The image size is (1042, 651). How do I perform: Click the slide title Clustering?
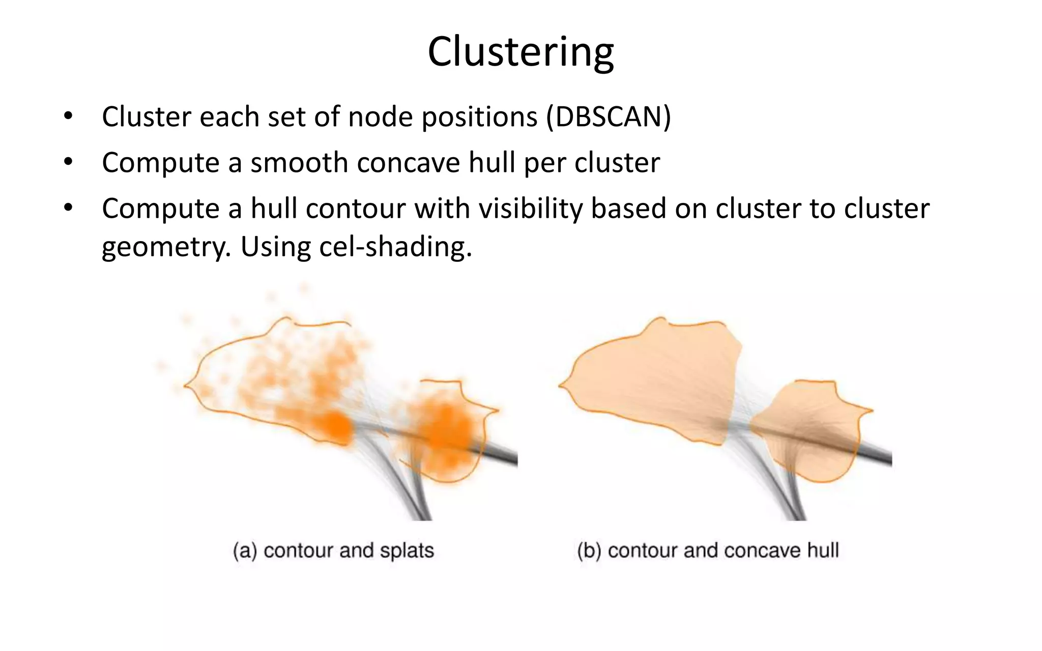pyautogui.click(x=520, y=52)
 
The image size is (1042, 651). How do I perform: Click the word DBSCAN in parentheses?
pyautogui.click(x=609, y=117)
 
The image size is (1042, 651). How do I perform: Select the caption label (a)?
pyautogui.click(x=245, y=551)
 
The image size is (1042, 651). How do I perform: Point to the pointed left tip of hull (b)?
pyautogui.click(x=560, y=386)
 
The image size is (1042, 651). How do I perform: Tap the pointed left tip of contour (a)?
pyautogui.click(x=186, y=386)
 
